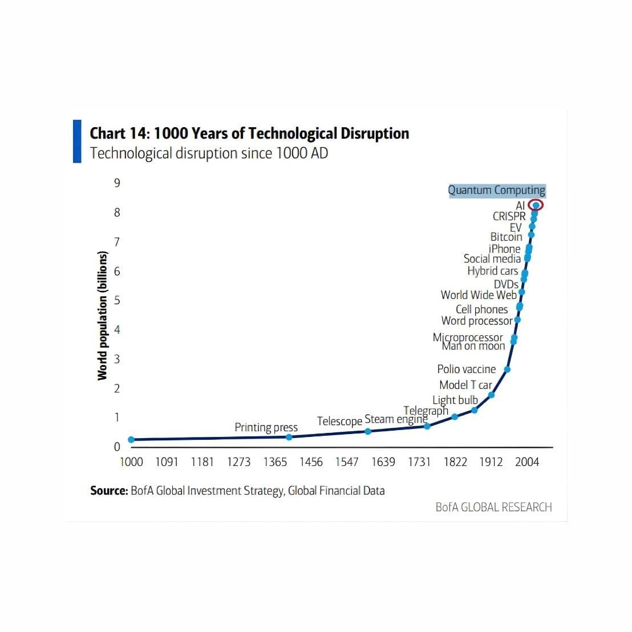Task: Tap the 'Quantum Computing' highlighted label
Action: (496, 191)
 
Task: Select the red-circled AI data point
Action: (536, 205)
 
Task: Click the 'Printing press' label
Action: (266, 427)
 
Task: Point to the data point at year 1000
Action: (131, 440)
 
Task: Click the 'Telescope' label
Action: (339, 422)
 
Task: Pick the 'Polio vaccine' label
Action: (466, 370)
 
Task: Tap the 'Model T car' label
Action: (465, 385)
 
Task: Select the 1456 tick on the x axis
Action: (311, 462)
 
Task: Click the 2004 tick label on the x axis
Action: (526, 462)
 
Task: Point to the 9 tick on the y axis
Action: (117, 183)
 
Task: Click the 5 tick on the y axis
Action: (117, 301)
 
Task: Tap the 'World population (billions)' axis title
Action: (103, 315)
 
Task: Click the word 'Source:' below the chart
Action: (108, 491)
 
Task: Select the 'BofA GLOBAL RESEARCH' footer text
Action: (493, 507)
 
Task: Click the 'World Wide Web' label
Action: (479, 295)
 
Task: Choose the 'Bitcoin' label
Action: (506, 237)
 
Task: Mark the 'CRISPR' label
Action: (509, 216)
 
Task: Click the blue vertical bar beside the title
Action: (77, 141)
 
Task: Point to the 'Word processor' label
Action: (477, 321)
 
